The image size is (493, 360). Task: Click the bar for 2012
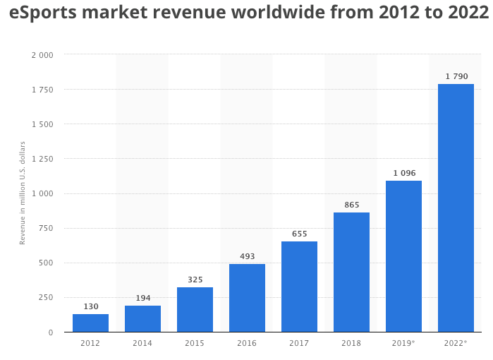point(90,323)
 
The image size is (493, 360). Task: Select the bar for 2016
point(247,298)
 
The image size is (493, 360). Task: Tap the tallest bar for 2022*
point(456,208)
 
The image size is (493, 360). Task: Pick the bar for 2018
point(351,272)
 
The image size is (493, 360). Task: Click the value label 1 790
point(456,76)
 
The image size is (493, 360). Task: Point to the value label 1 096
point(403,173)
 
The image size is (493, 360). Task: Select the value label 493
point(247,256)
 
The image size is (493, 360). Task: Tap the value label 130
point(90,306)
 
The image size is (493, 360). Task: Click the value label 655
point(299,234)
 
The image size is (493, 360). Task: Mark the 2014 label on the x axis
point(142,343)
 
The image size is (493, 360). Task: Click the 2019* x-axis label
point(403,343)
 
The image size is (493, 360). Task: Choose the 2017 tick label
point(299,343)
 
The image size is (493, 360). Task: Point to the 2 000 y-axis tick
point(42,55)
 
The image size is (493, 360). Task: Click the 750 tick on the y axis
point(46,228)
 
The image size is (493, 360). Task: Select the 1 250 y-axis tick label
point(42,159)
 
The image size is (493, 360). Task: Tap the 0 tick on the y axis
point(51,332)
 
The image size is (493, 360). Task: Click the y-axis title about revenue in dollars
point(23,193)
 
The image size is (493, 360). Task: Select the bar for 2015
point(195,310)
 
